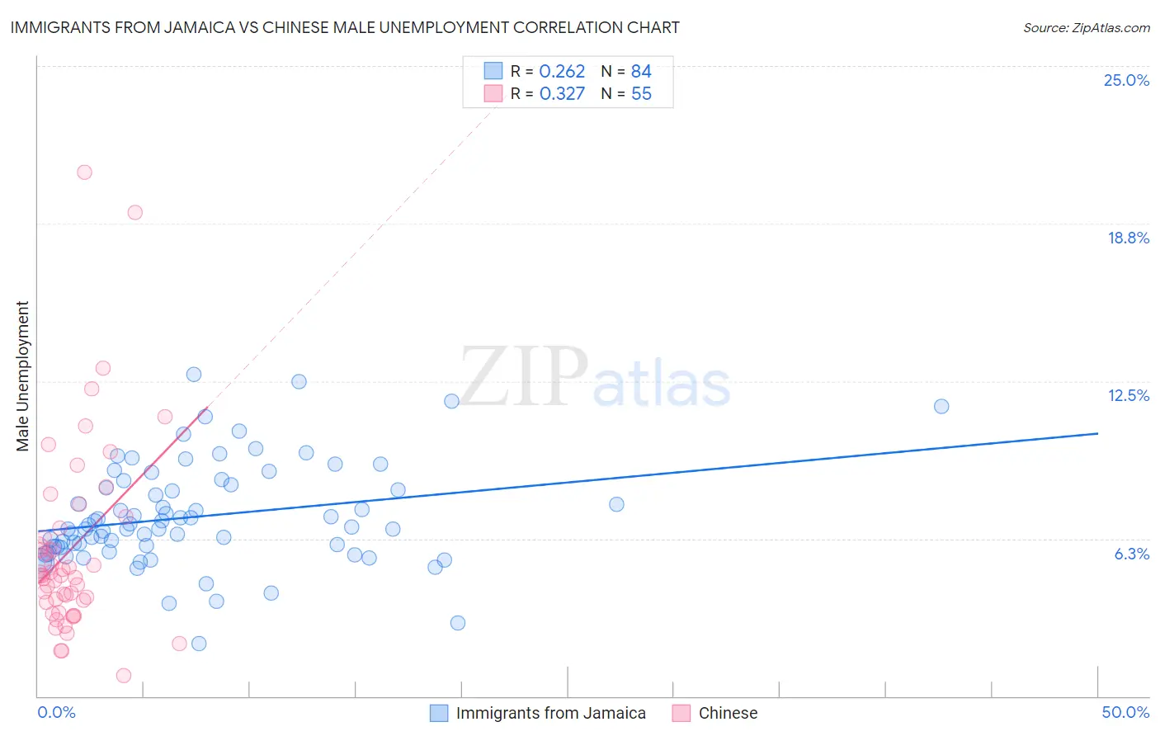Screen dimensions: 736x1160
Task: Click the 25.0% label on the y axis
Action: pos(1126,80)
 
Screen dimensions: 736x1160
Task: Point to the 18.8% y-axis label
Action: pos(1128,238)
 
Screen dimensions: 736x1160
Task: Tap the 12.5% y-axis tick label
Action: pos(1128,395)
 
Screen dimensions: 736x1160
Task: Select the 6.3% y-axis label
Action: pos(1131,554)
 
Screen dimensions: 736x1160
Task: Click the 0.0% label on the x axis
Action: pos(56,712)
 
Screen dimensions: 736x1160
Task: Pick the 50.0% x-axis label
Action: pos(1125,712)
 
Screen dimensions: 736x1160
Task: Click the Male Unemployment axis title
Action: pos(22,376)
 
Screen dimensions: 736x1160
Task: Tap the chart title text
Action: pos(345,27)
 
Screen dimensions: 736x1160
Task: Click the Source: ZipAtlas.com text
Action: pos(1086,27)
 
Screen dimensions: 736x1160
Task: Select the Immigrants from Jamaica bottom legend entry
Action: pos(550,713)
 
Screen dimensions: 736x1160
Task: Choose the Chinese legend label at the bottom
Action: pos(728,713)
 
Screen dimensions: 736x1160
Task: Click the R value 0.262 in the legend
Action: pos(562,71)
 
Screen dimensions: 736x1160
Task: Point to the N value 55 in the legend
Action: pos(641,93)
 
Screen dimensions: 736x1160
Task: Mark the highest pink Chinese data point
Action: pos(84,172)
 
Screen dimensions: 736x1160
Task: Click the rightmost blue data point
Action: pos(941,406)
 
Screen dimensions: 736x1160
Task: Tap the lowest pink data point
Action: pos(124,675)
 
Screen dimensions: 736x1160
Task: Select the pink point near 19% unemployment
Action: pos(134,212)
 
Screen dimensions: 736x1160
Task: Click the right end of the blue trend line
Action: pos(1097,433)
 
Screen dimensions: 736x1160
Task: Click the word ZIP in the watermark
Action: pos(523,377)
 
